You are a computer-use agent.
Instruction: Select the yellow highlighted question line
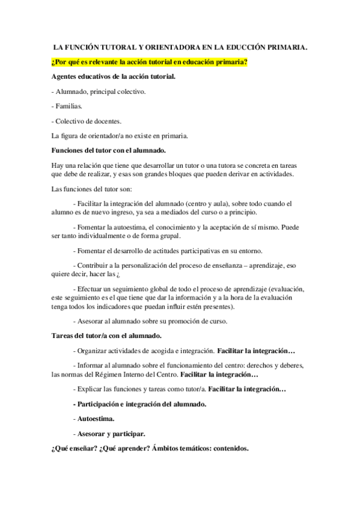click(x=149, y=61)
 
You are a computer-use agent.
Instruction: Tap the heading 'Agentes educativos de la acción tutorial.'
click(x=114, y=76)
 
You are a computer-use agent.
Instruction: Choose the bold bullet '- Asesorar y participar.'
click(x=109, y=433)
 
